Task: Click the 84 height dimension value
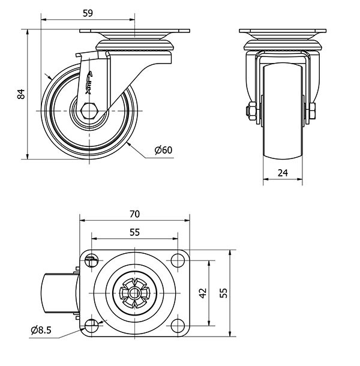click(20, 94)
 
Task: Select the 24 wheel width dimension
click(283, 173)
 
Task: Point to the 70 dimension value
click(134, 214)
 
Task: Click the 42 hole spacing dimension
click(203, 292)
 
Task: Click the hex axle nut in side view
click(89, 112)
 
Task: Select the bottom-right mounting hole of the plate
click(178, 325)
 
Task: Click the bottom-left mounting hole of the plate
click(91, 325)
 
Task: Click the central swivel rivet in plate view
click(134, 293)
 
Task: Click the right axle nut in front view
click(313, 112)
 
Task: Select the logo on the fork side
click(88, 80)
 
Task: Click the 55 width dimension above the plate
click(134, 232)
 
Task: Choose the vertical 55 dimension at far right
click(223, 292)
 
